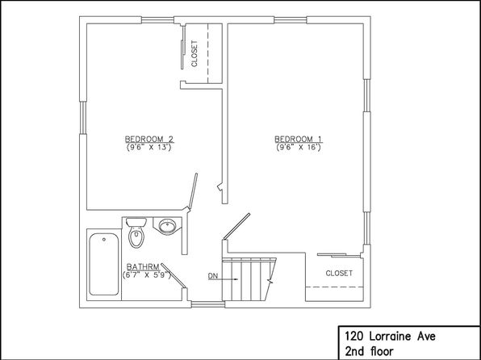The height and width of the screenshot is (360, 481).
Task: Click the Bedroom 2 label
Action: point(149,139)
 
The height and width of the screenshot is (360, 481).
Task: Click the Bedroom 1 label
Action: point(298,139)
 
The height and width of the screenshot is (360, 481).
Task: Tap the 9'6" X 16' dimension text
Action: point(299,148)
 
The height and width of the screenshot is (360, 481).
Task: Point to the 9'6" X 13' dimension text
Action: point(148,148)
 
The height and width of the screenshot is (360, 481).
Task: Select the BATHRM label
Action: point(144,266)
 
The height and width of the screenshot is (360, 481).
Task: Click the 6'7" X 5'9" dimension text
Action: point(147,274)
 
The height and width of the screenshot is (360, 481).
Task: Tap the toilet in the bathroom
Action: point(136,232)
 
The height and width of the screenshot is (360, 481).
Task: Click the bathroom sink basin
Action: point(168,226)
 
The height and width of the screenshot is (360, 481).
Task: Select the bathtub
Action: point(104,264)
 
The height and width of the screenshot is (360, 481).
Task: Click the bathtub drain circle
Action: point(104,240)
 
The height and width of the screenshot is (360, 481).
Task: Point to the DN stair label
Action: point(213,276)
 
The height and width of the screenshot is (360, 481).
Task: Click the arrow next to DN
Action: point(228,279)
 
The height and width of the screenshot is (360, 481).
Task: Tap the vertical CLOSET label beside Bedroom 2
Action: point(194,54)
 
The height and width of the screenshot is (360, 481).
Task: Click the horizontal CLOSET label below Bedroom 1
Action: point(339,273)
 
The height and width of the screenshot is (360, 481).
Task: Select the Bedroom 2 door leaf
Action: point(193,191)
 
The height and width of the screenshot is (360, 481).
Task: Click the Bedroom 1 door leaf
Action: point(236,226)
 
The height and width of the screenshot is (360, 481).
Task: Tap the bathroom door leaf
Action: point(174,275)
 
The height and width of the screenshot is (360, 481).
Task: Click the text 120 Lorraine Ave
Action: point(390,337)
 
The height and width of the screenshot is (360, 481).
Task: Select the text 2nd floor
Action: point(369,351)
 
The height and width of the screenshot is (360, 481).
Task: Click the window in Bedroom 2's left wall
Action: point(83,118)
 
